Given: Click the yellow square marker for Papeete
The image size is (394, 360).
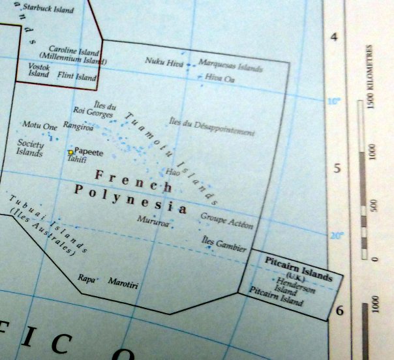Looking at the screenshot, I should (70, 152).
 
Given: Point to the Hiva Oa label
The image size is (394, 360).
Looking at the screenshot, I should (220, 78).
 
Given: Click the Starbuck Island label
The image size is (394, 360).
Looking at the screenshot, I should (48, 10).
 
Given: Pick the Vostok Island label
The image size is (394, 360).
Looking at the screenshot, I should (38, 70).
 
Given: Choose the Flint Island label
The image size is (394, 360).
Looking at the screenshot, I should (76, 76).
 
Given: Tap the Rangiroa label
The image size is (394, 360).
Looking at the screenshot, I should (78, 128).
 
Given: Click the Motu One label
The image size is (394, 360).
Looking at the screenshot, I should (40, 125).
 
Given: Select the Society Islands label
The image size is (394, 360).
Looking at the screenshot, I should (30, 149).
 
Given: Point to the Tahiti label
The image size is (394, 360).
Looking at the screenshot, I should (77, 160).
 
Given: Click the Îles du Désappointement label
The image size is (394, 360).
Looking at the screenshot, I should (211, 127).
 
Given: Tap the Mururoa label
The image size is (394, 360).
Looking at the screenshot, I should (153, 220).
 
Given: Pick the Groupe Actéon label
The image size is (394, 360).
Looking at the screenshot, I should (226, 220).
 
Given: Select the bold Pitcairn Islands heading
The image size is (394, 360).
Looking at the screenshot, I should (299, 266).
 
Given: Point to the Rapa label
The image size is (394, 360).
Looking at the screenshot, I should (86, 277).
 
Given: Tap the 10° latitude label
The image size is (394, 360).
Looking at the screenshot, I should (333, 102).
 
